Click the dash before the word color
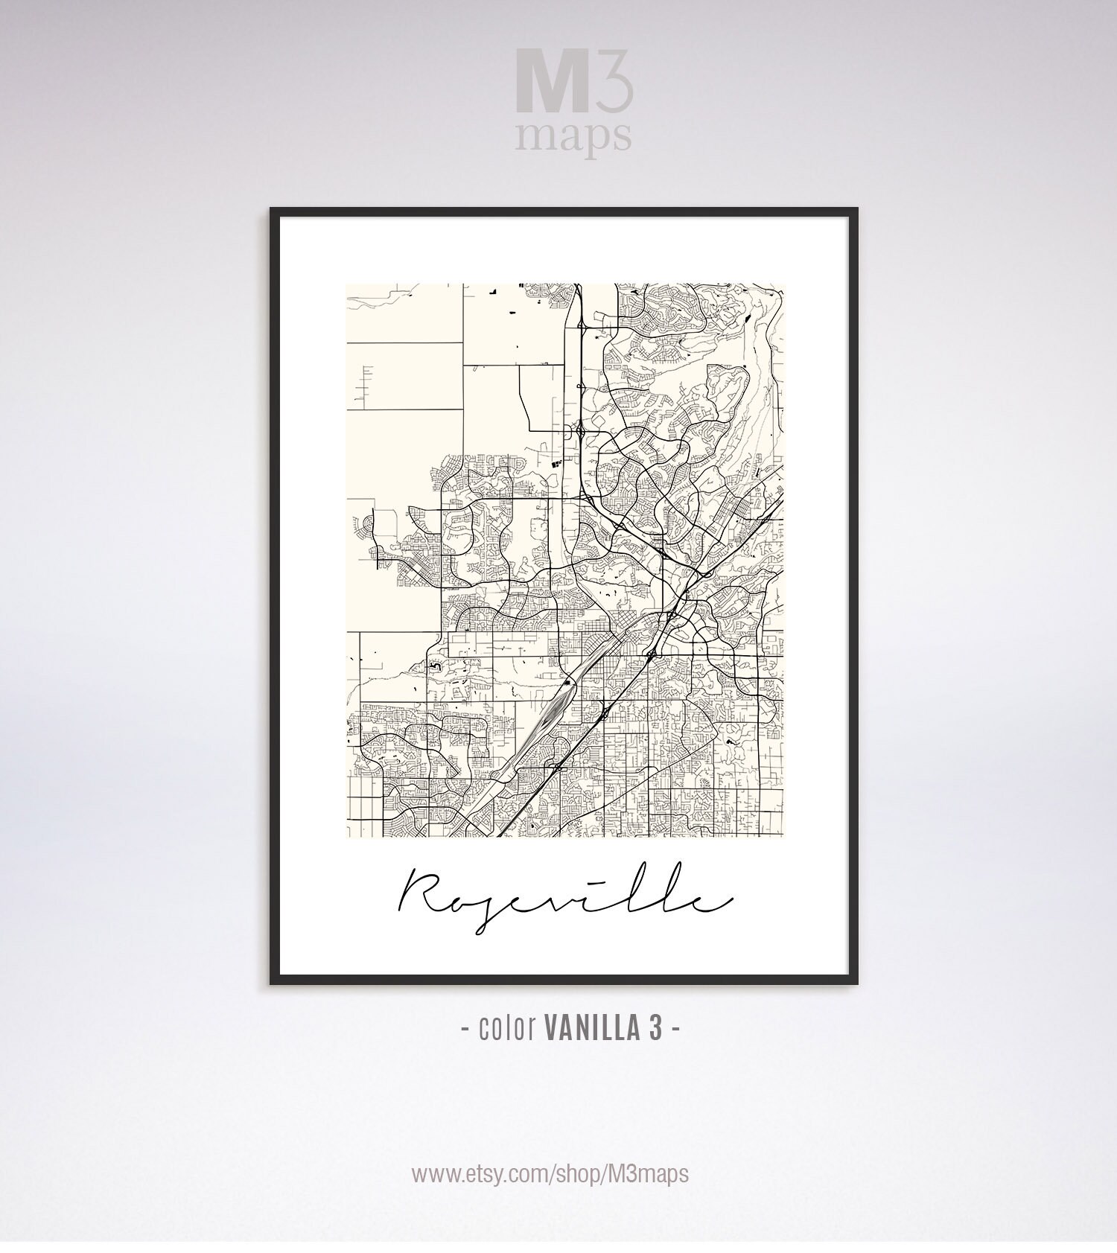[x=465, y=1030]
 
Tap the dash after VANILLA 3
[x=675, y=1030]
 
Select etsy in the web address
[x=483, y=1175]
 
